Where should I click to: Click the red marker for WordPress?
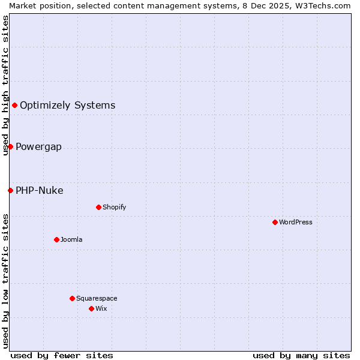tap(275, 222)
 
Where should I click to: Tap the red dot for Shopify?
tap(98, 207)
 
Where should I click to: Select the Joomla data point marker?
tap(56, 239)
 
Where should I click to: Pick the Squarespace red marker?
tap(72, 298)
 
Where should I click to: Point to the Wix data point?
tap(91, 308)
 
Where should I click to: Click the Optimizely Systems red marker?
tap(14, 106)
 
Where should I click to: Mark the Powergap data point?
tap(10, 147)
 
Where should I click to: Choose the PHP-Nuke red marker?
tap(10, 191)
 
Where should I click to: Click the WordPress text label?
tap(296, 222)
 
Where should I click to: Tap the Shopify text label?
tap(114, 207)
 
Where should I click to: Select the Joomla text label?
tap(71, 239)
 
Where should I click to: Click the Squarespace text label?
tap(97, 298)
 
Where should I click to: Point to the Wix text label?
tap(101, 308)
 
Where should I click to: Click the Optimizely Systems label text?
tap(67, 106)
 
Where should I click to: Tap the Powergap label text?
tap(38, 147)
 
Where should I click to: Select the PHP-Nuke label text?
tap(39, 191)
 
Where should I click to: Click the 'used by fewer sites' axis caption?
tap(62, 355)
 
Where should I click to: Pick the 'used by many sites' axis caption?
tap(301, 355)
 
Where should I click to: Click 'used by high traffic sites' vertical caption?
tap(5, 85)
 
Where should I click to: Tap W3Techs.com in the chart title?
tap(326, 5)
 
